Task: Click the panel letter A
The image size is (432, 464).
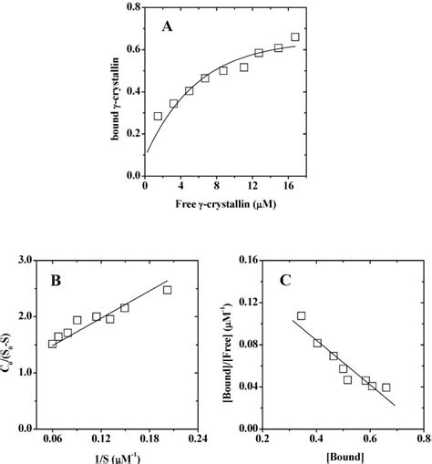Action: coord(167,27)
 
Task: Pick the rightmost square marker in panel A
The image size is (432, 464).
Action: coord(294,37)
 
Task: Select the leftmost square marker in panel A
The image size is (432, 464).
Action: coord(158,117)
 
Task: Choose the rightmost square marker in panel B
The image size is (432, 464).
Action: coord(167,290)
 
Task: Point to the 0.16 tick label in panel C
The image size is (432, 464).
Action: coord(246,261)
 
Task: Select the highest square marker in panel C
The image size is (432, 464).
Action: coord(301,315)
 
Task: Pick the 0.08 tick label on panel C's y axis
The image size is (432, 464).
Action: coord(246,345)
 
